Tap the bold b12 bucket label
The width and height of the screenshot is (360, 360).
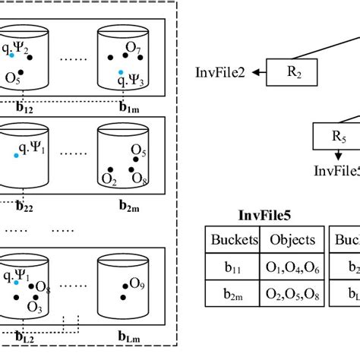pyautogui.click(x=25, y=108)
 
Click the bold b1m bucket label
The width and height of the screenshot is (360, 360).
pyautogui.click(x=128, y=108)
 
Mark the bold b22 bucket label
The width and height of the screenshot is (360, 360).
pyautogui.click(x=25, y=205)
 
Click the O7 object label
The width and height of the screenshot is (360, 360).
pyautogui.click(x=134, y=48)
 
